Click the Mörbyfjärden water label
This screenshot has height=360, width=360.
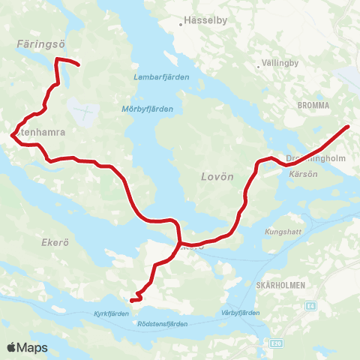click(147, 109)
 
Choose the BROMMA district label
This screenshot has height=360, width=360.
click(313, 106)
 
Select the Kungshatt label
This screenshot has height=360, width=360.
click(283, 232)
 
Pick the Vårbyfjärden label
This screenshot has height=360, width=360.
click(239, 312)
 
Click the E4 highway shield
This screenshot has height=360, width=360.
click(310, 305)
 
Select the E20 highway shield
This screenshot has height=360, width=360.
click(277, 344)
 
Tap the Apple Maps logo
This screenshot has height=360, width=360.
click(27, 348)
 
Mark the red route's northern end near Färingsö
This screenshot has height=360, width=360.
click(78, 64)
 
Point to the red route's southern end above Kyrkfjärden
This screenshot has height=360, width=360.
click(131, 301)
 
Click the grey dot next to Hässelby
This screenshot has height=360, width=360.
click(181, 24)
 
